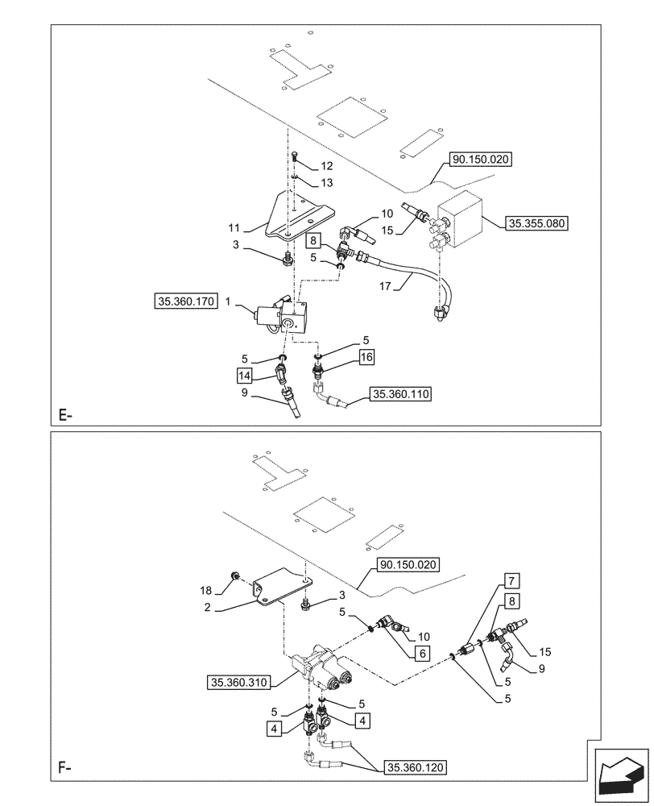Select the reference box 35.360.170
pyautogui.click(x=183, y=302)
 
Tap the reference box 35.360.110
pyautogui.click(x=400, y=394)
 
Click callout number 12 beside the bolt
pyautogui.click(x=326, y=165)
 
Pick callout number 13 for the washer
pyautogui.click(x=326, y=183)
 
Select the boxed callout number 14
pyautogui.click(x=245, y=375)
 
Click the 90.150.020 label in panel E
pyautogui.click(x=482, y=160)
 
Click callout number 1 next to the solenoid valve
pyautogui.click(x=228, y=301)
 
